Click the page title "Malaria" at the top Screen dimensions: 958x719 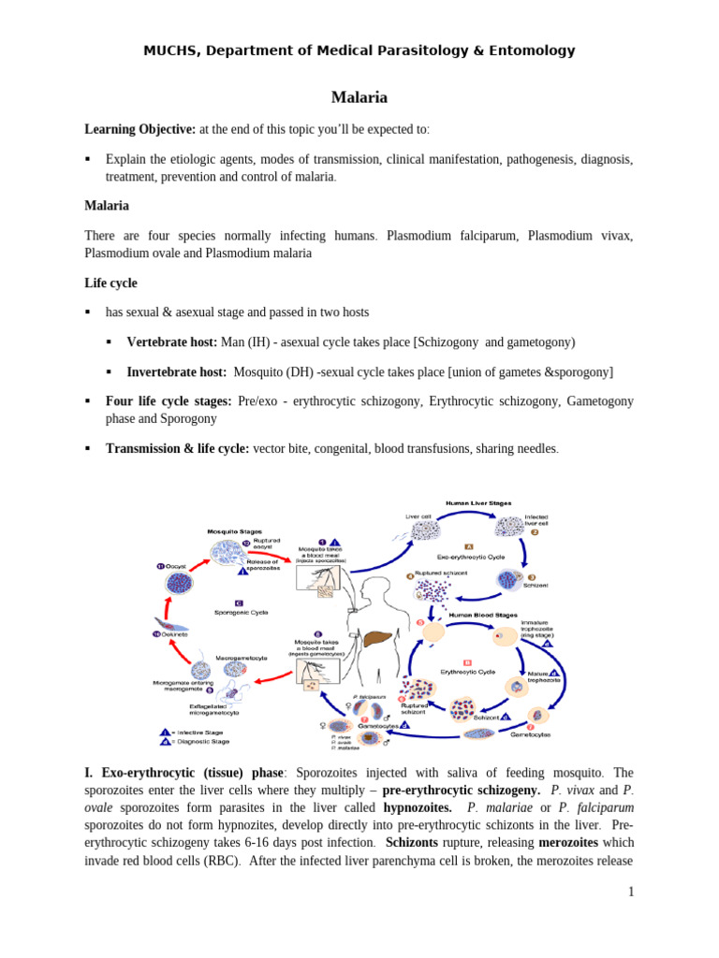coord(359,97)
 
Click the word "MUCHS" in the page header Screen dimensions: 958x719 coord(166,51)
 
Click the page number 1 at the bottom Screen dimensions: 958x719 coord(632,892)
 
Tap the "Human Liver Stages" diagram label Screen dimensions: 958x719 coord(477,502)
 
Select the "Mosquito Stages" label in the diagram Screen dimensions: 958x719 coord(234,531)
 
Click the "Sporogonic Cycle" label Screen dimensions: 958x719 coord(242,612)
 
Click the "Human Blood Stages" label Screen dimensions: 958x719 coord(481,615)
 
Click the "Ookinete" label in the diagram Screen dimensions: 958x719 coord(172,634)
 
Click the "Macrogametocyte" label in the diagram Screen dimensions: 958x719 coord(243,658)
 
